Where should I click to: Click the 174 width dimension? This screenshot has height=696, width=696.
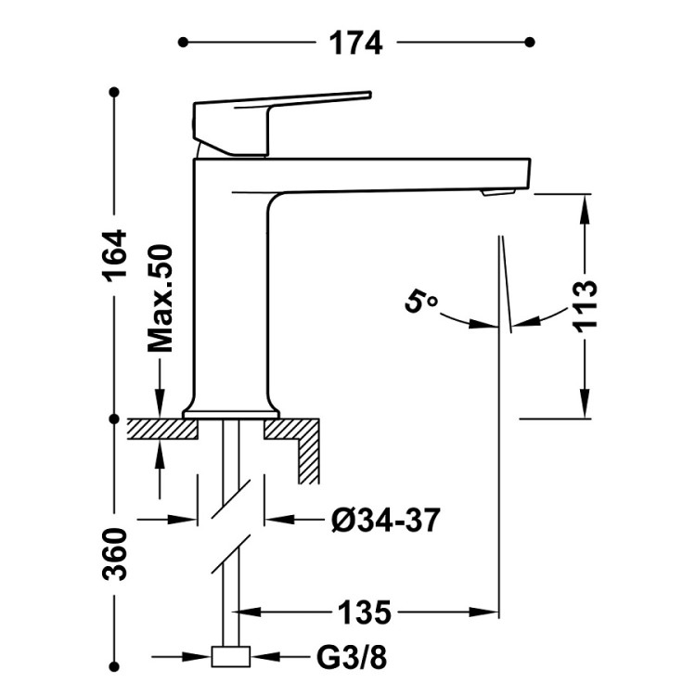point(354,43)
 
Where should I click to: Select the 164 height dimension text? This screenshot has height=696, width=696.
point(115,256)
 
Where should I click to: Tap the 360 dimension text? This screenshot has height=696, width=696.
point(115,553)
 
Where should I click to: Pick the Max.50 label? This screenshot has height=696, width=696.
point(161,299)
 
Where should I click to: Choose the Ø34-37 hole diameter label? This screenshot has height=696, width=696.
point(384,520)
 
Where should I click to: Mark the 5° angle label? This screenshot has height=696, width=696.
point(420,303)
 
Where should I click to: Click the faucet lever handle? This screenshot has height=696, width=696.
point(278,110)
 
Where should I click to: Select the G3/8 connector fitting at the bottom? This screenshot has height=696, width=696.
point(231,658)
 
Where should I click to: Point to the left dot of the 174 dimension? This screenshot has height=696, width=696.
point(183,42)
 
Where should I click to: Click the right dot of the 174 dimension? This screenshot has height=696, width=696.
point(530,42)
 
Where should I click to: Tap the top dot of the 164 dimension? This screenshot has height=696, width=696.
point(115,92)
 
